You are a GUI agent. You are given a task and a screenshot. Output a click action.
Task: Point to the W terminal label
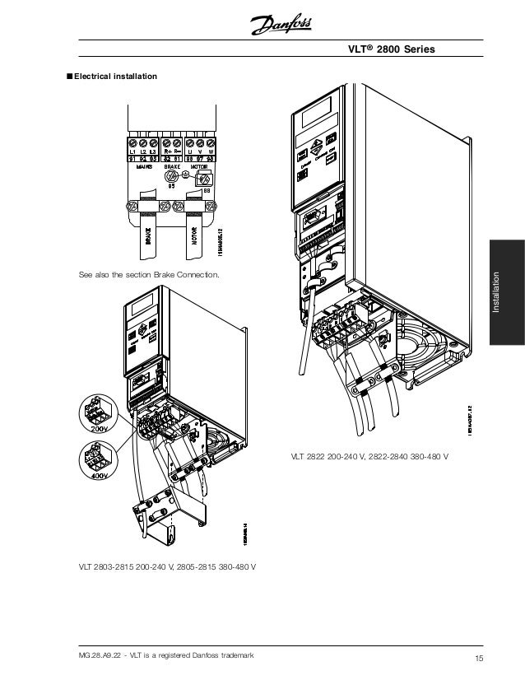[211, 151]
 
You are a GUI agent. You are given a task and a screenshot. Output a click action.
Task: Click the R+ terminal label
[168, 151]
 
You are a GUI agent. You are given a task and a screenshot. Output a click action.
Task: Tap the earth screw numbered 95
[172, 177]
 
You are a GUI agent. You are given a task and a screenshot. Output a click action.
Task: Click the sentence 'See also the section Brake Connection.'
[148, 274]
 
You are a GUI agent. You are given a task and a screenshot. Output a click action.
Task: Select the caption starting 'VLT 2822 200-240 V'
[369, 455]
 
